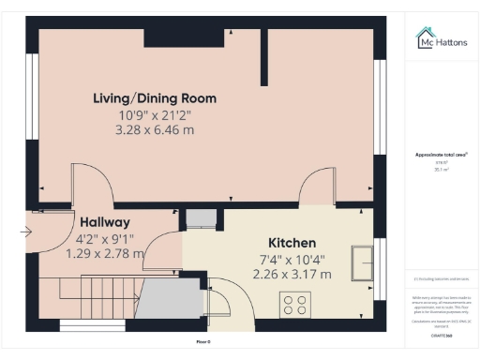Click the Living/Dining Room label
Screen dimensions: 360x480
(x=155, y=98)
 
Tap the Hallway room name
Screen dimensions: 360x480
(x=104, y=222)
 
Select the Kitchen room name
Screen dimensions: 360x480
(x=292, y=242)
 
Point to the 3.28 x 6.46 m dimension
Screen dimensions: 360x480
(x=155, y=130)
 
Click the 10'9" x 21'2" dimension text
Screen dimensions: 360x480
(x=155, y=115)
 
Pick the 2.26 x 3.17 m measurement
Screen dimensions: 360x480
(x=292, y=274)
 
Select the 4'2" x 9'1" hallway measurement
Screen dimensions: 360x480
(x=104, y=238)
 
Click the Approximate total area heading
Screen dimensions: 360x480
(x=441, y=155)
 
